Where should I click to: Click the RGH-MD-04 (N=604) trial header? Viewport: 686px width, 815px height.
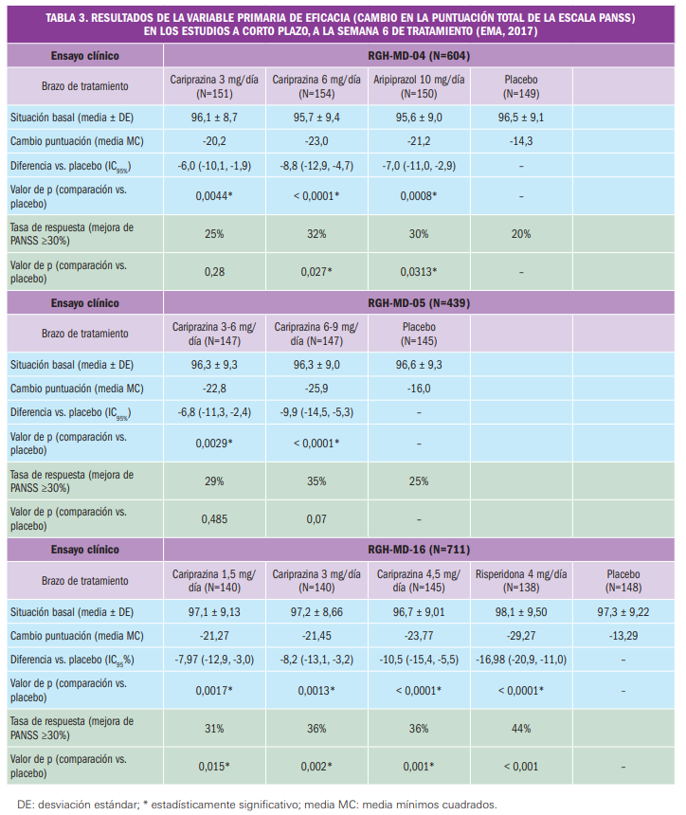click(x=419, y=56)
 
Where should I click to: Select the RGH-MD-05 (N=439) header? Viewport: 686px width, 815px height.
click(x=419, y=303)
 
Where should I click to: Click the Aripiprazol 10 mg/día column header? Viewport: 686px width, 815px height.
click(x=419, y=86)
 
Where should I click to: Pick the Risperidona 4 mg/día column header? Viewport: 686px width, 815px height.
click(x=521, y=579)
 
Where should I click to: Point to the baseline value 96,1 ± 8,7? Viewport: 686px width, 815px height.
click(x=215, y=118)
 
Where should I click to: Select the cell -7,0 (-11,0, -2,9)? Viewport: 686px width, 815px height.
click(x=419, y=166)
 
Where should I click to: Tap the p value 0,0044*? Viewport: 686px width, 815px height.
click(x=215, y=195)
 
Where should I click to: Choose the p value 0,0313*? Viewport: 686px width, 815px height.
click(x=419, y=272)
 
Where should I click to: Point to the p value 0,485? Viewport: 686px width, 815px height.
click(x=215, y=518)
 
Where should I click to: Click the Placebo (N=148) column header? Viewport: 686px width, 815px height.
click(x=623, y=579)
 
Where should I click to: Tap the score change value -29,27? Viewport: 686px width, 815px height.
click(x=521, y=634)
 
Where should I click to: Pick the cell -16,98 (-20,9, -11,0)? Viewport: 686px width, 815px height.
click(x=521, y=659)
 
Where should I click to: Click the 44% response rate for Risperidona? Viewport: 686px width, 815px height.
click(x=521, y=728)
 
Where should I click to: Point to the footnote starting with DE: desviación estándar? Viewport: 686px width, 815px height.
click(x=256, y=805)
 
